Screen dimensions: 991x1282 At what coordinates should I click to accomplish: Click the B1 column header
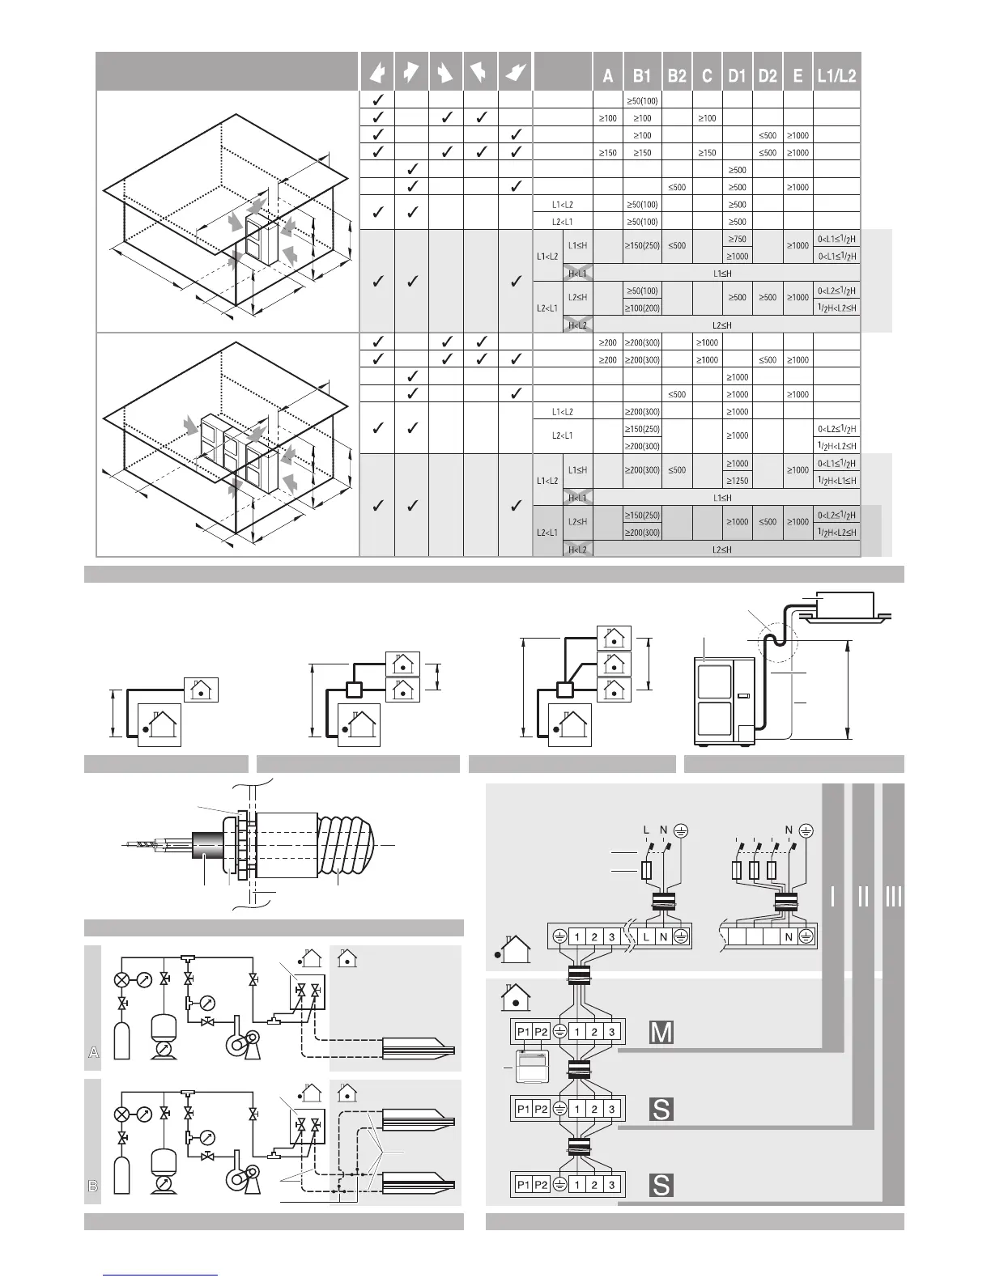[x=642, y=76]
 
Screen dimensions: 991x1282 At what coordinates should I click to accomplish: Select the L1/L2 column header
[x=836, y=76]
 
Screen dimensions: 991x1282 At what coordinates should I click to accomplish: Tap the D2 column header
[x=767, y=76]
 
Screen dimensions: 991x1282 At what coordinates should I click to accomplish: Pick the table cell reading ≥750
[x=737, y=239]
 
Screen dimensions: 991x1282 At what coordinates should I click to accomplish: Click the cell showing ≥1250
[x=737, y=481]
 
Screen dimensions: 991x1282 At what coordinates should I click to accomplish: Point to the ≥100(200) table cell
[x=642, y=308]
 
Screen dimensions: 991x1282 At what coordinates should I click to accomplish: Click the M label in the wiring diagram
[x=661, y=1033]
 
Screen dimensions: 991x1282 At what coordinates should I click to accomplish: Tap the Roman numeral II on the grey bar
[x=863, y=897]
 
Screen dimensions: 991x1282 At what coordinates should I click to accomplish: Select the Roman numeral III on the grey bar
[x=893, y=897]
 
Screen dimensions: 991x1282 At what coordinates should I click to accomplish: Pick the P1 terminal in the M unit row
[x=523, y=1032]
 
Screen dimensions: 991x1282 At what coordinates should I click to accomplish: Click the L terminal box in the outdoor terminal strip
[x=647, y=936]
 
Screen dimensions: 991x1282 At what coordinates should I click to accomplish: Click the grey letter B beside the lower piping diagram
[x=93, y=1186]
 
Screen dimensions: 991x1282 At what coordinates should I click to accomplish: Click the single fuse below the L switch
[x=646, y=871]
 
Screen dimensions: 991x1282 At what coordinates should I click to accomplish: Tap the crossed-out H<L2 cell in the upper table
[x=578, y=325]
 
